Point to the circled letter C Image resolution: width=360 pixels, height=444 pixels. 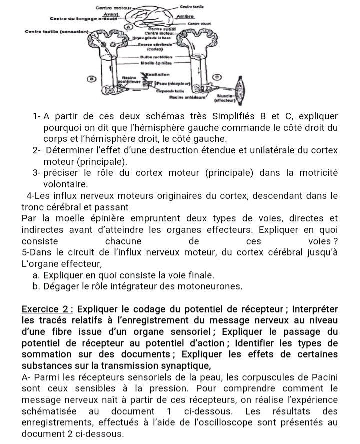point(216,77)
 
